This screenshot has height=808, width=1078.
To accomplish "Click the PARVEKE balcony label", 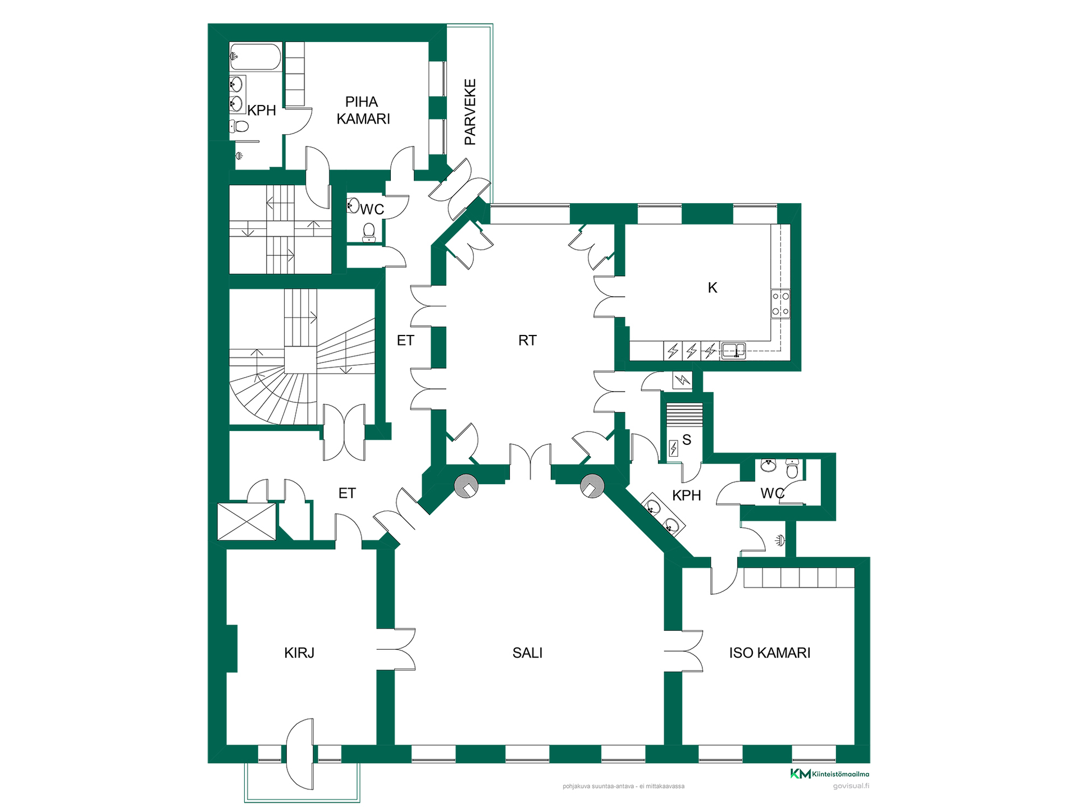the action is pos(471,112).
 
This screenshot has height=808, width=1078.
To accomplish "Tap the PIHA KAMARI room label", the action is pos(363,111).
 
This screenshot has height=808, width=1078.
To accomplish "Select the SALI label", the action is pos(527,653).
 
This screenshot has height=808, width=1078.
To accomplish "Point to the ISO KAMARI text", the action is pos(770,653).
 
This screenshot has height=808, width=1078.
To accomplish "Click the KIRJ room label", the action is pos(299,653).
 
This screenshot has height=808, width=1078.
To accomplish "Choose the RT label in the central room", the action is pos(527,340).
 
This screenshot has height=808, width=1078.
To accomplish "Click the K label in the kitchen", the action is pos(712,287).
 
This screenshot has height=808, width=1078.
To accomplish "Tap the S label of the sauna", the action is pos(687,439).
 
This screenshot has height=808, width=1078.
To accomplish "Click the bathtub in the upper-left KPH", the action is pos(255,57).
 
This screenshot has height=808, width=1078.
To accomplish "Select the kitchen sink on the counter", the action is pos(733,351).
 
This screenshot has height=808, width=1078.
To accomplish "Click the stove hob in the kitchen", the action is pos(780,304).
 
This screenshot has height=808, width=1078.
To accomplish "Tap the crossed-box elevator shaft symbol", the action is pos(247,522).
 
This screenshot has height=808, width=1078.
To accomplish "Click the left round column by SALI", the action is pos(466,486).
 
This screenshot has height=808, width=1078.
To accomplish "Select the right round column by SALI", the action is pos(592,486).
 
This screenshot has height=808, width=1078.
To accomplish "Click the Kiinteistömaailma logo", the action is pos(830,774).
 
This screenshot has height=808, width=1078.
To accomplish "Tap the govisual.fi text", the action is pos(851,786).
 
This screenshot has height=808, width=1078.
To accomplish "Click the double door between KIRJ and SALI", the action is pos(396,649).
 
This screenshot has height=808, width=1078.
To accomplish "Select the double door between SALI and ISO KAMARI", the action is pos(683,651).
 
